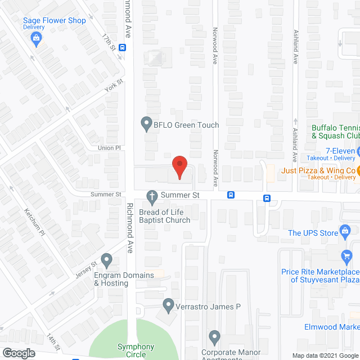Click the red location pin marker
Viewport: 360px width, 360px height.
(179, 166)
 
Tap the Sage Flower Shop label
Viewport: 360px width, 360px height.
(54, 21)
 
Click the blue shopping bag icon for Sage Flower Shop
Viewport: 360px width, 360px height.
(37, 38)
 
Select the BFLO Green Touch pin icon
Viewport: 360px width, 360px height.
(146, 122)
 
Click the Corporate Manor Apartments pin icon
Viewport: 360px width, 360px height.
(214, 337)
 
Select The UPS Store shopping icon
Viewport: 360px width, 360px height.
(347, 231)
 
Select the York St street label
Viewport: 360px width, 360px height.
(113, 87)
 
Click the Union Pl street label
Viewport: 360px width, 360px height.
(110, 147)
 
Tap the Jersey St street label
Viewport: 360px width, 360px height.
(86, 269)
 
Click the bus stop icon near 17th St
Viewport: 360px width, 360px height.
(122, 48)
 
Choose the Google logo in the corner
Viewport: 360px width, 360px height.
(18, 353)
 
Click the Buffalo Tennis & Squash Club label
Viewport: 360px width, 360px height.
(335, 132)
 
